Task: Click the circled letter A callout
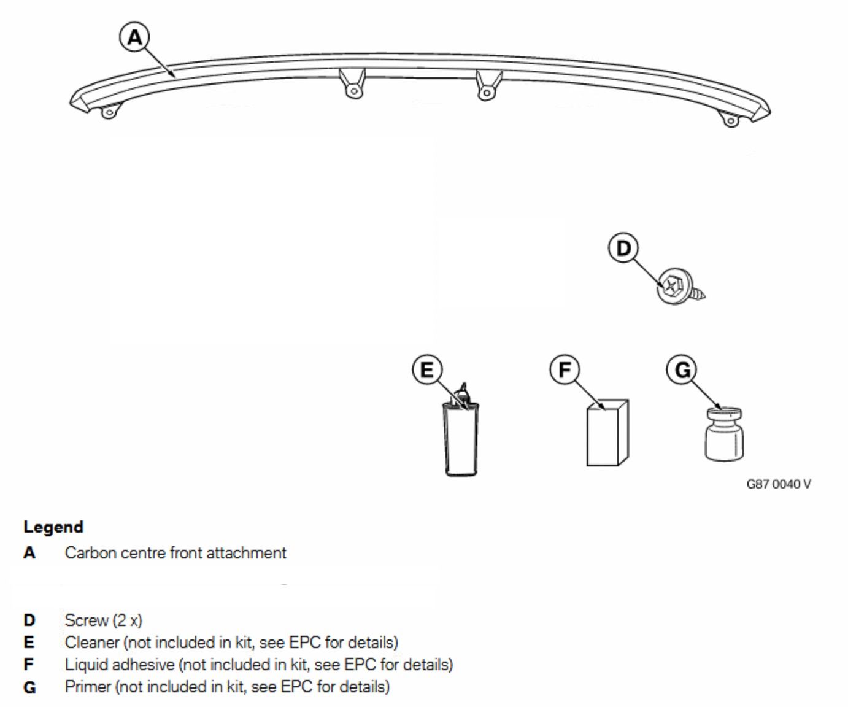[x=134, y=37]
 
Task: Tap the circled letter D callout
[x=623, y=248]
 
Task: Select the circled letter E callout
[x=426, y=369]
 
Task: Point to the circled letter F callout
[x=565, y=369]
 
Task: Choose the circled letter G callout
[x=682, y=369]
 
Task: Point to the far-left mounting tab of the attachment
[x=109, y=112]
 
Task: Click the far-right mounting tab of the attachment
[x=730, y=120]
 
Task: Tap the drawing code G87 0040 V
[x=778, y=484]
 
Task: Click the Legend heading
[x=53, y=527]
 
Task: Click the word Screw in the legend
[x=87, y=620]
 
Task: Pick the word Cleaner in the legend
[x=92, y=643]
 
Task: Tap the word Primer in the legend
[x=88, y=687]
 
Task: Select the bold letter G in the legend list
[x=29, y=687]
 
